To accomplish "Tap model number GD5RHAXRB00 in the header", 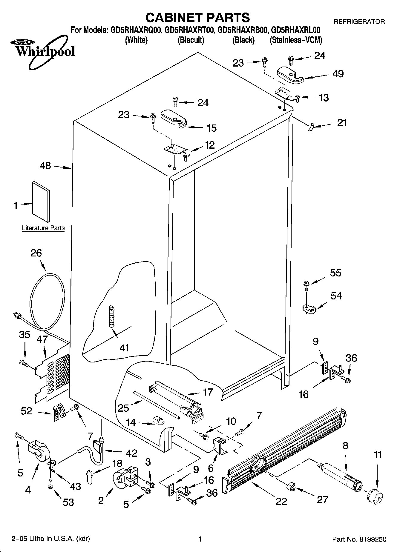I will [243, 30].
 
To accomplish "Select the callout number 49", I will [338, 74].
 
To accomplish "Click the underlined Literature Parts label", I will [43, 228].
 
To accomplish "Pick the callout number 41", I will [124, 348].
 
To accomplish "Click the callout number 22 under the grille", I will [281, 501].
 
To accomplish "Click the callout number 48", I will [45, 166].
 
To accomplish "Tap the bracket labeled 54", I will [308, 308].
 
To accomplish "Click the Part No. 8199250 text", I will [359, 539].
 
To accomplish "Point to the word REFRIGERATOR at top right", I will [359, 22].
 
